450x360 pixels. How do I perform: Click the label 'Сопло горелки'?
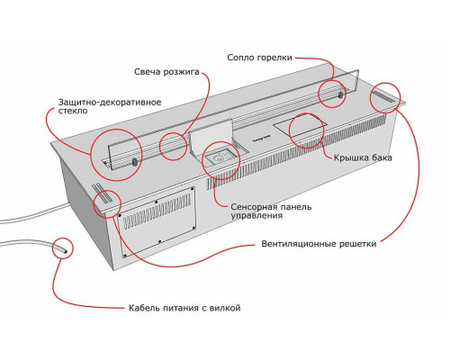[259, 58]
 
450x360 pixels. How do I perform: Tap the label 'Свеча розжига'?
[166, 72]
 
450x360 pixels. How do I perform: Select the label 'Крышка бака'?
[363, 157]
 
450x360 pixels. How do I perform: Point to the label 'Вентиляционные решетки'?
[319, 244]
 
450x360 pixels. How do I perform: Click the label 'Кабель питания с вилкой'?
[184, 308]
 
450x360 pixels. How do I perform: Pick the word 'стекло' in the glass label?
[73, 111]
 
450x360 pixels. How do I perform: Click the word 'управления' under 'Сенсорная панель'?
[256, 216]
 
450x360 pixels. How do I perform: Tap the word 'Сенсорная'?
[254, 207]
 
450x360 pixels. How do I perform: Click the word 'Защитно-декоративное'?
[110, 103]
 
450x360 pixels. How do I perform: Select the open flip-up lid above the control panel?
[211, 134]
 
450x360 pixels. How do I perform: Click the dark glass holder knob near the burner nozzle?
[341, 94]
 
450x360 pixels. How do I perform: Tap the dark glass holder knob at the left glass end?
[134, 162]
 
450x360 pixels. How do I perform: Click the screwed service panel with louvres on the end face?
[157, 222]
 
